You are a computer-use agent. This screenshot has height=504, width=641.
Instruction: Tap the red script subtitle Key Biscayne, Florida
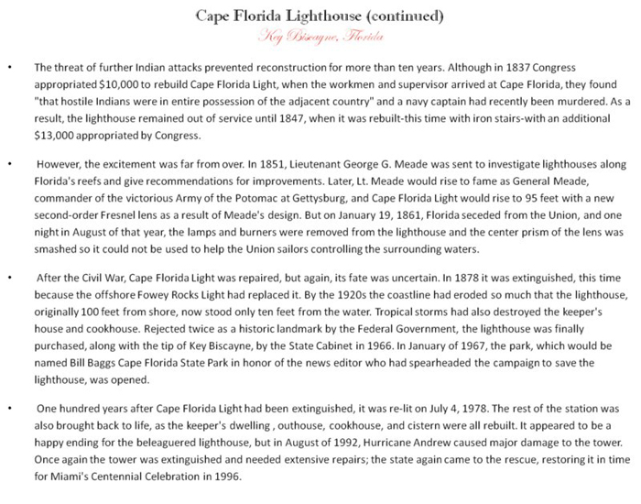320,36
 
